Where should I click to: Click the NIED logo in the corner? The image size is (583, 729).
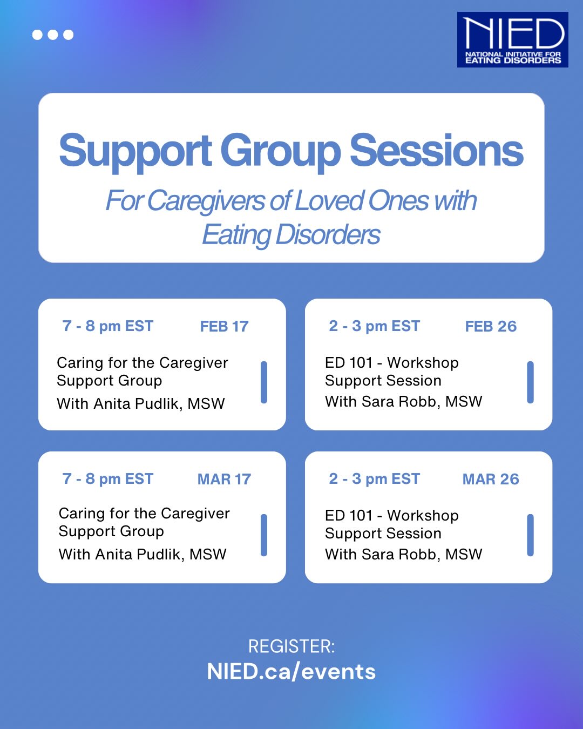click(x=512, y=40)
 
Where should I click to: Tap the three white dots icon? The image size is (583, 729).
click(x=53, y=35)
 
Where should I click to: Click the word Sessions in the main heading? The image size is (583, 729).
click(x=436, y=151)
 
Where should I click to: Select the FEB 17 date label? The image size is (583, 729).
click(x=224, y=326)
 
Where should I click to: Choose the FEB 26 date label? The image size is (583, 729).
click(x=491, y=326)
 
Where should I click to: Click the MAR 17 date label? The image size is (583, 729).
click(x=224, y=479)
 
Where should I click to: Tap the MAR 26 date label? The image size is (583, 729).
click(x=491, y=479)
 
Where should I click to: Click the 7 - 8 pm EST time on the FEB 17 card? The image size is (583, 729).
click(x=108, y=326)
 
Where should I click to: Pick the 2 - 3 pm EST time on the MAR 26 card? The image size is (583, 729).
click(x=375, y=479)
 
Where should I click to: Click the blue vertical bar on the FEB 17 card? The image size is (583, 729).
click(x=264, y=382)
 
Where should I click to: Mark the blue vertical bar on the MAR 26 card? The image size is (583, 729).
click(x=530, y=535)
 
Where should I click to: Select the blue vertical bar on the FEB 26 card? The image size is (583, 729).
click(x=530, y=382)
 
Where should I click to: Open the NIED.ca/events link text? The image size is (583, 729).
click(x=291, y=672)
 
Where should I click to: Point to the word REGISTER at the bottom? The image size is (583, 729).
click(x=291, y=646)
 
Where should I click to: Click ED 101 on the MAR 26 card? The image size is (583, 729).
click(x=349, y=516)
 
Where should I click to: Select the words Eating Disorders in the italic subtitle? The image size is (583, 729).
click(x=291, y=235)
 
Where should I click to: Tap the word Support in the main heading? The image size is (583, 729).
click(x=135, y=151)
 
